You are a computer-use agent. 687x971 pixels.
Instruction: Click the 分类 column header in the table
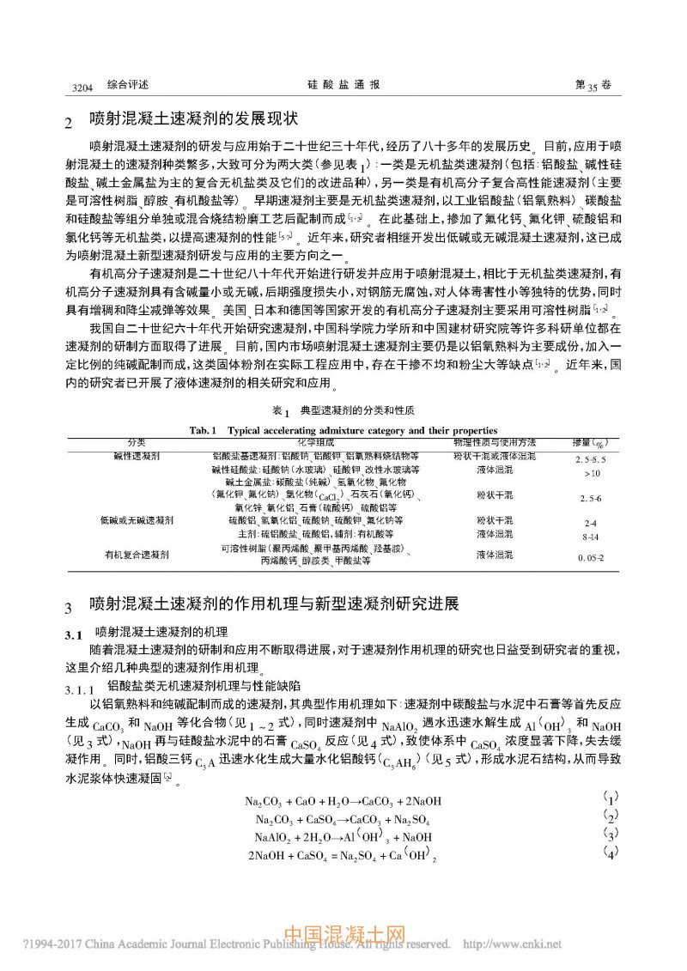[137, 441]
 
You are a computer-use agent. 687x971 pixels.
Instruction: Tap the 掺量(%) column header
[588, 442]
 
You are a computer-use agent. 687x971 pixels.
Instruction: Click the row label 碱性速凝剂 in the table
[137, 455]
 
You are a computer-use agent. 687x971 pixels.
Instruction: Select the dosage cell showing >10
[590, 472]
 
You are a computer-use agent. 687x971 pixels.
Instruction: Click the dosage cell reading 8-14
[590, 535]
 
